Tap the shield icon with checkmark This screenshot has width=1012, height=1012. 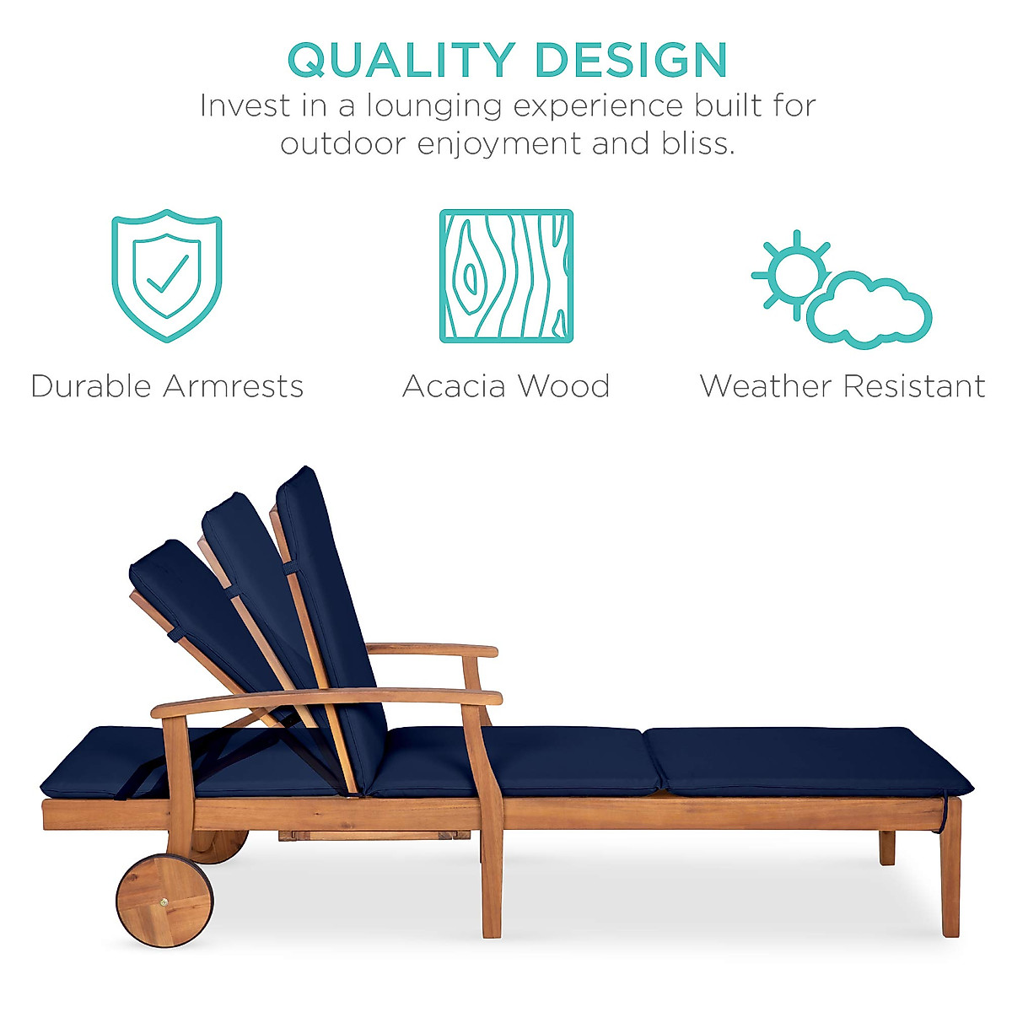click(x=167, y=276)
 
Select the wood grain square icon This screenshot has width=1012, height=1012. click(x=506, y=276)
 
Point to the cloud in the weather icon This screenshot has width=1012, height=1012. click(x=869, y=312)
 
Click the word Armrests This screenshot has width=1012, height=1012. click(x=234, y=386)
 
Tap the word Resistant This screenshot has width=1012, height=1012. click(x=914, y=386)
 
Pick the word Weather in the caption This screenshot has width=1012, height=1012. click(x=765, y=386)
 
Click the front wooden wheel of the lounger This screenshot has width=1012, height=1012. click(x=164, y=900)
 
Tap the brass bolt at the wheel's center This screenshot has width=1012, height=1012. click(x=164, y=901)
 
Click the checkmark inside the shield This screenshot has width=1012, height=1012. click(x=168, y=274)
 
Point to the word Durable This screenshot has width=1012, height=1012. click(x=90, y=386)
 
